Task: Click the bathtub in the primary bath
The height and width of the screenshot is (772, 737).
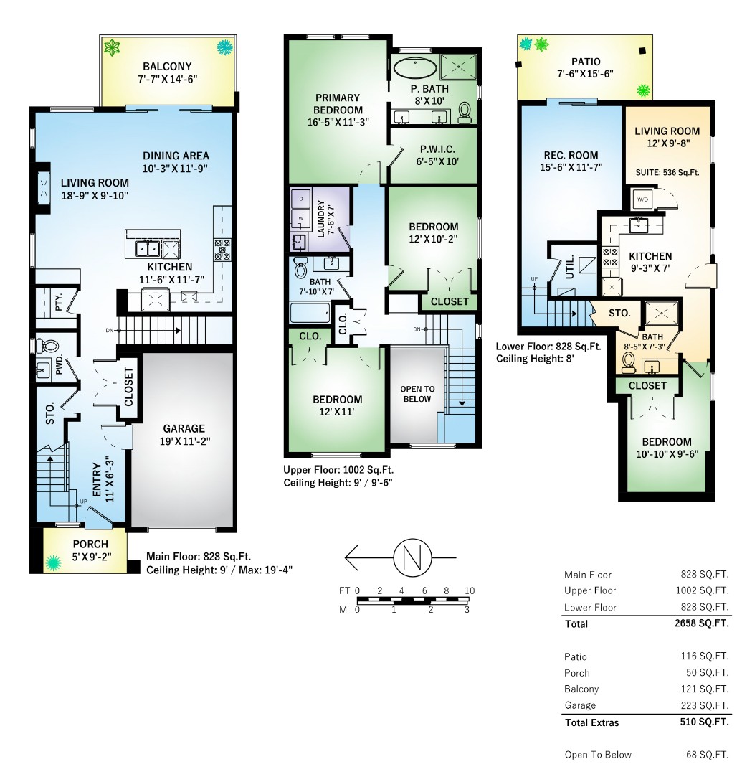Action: click(x=415, y=70)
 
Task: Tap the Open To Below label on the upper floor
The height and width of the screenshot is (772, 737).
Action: click(x=417, y=394)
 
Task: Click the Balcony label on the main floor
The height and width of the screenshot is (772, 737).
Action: click(x=167, y=67)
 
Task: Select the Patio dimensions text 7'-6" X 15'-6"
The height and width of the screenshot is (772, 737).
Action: click(x=586, y=74)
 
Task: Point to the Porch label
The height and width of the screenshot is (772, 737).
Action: click(x=90, y=544)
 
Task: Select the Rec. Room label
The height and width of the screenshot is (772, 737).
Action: click(x=571, y=155)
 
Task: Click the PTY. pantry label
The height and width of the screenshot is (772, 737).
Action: click(x=59, y=296)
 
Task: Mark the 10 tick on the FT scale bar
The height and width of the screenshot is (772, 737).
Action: click(x=470, y=590)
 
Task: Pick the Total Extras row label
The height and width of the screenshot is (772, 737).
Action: click(x=591, y=722)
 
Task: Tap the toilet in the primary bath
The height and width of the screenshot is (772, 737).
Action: click(x=465, y=111)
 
